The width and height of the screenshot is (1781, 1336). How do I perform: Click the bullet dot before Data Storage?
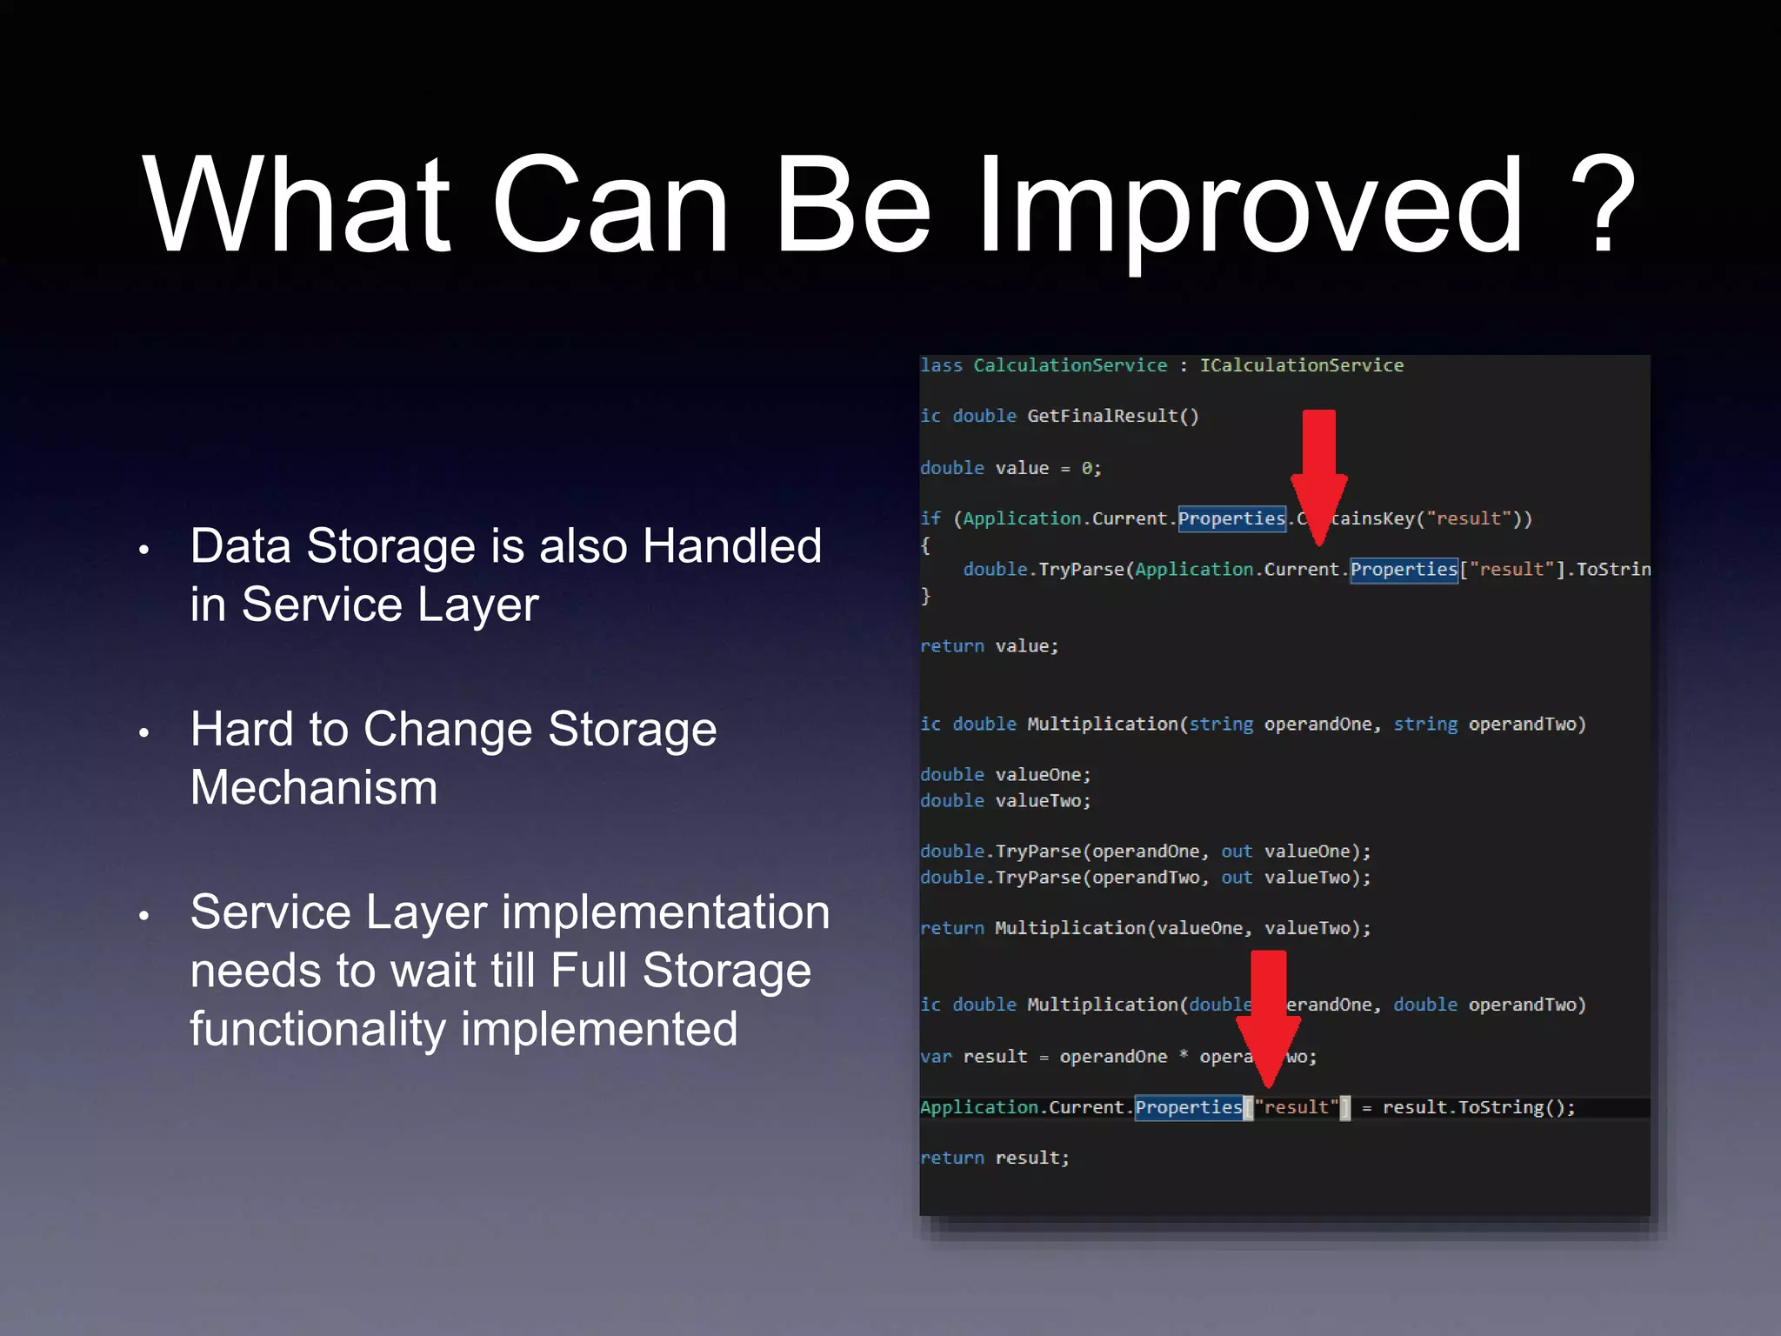point(144,550)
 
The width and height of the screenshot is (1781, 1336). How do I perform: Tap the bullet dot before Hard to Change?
point(144,733)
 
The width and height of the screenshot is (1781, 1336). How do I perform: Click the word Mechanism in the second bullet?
point(314,787)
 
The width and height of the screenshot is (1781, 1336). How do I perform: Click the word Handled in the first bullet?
point(731,546)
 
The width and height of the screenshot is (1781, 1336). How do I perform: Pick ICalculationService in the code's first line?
point(1301,365)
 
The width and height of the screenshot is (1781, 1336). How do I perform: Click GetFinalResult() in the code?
point(1112,416)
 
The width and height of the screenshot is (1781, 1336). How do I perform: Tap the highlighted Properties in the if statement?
point(1231,518)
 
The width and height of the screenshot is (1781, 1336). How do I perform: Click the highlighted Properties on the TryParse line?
point(1403,570)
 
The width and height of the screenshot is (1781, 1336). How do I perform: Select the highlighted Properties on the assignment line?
point(1188,1107)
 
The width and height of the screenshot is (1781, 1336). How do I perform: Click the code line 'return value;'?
point(989,646)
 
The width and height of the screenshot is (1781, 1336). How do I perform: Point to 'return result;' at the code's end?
point(994,1158)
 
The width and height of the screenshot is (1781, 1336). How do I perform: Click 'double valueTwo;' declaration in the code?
point(1005,800)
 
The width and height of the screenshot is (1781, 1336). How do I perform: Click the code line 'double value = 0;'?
point(1011,468)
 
